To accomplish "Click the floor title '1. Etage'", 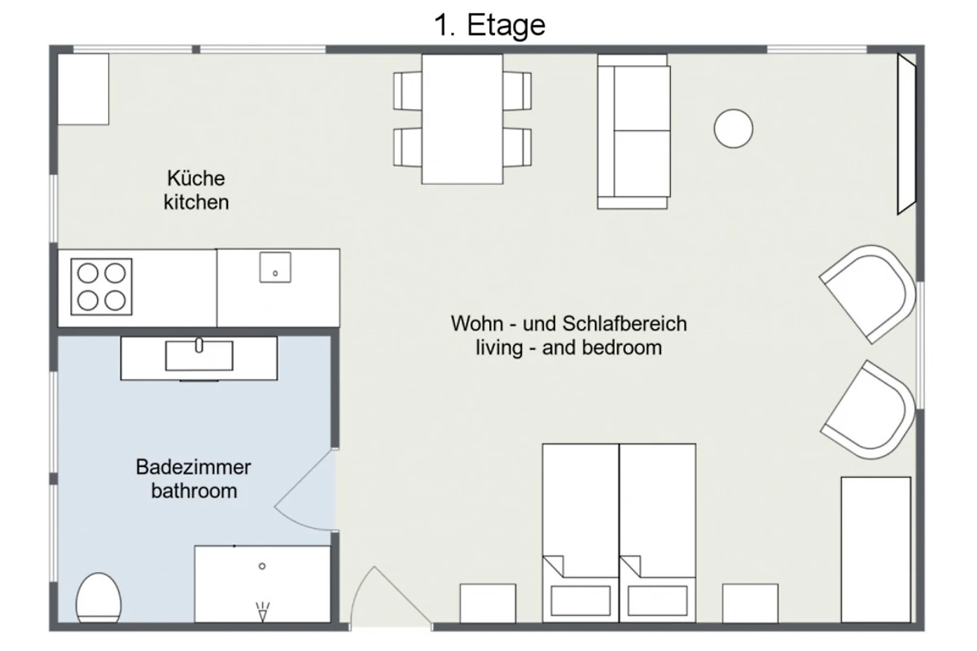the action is (489, 25).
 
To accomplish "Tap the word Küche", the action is (196, 178).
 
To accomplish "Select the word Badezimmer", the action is (193, 467).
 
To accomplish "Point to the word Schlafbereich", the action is (624, 324).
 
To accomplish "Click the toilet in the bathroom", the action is (99, 598).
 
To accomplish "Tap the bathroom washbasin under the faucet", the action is (199, 356).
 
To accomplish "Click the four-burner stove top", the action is (101, 286).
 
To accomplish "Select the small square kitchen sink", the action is (275, 267).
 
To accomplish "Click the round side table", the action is (734, 129).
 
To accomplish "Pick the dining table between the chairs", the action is (462, 119).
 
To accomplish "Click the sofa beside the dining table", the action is (633, 132).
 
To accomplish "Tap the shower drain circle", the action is (262, 566).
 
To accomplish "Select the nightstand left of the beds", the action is (488, 603).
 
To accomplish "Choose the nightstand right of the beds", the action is (750, 603).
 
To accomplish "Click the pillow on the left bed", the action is (581, 601).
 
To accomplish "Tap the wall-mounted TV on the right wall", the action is (906, 134).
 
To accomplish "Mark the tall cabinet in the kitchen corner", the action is (83, 89).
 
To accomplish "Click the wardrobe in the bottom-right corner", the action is (876, 549).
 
